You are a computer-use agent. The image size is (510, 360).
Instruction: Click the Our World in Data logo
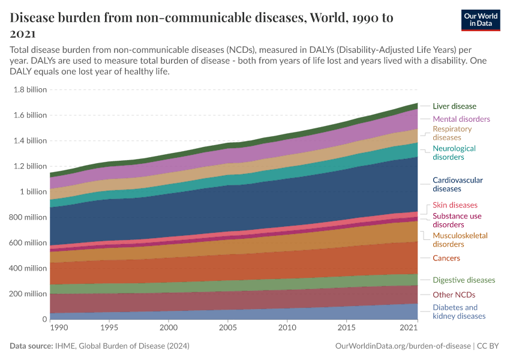(x=481, y=20)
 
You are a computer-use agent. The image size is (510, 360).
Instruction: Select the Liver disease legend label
(x=454, y=106)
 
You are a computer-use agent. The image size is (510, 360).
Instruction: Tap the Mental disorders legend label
(x=461, y=119)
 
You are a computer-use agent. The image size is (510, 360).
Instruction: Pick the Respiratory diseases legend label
(x=452, y=133)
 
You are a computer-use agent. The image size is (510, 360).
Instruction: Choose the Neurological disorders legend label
(x=454, y=152)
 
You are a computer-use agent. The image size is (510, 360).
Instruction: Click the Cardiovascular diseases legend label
(x=457, y=184)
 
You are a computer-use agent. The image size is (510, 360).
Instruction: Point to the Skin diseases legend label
(x=455, y=205)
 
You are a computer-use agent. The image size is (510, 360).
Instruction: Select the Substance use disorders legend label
(x=457, y=220)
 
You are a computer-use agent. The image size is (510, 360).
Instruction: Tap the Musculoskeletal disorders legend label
(x=460, y=240)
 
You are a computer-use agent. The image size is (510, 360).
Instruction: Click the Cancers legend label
(x=446, y=258)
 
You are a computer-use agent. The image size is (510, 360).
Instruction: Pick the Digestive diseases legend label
(x=464, y=280)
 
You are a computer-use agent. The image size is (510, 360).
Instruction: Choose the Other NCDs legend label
(x=454, y=295)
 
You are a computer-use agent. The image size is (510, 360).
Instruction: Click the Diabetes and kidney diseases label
(x=459, y=311)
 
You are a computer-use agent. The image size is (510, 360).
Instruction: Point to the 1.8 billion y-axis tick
(x=29, y=89)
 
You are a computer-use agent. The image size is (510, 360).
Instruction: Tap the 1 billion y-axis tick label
(x=35, y=192)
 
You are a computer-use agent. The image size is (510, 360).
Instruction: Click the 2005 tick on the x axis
(x=228, y=328)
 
